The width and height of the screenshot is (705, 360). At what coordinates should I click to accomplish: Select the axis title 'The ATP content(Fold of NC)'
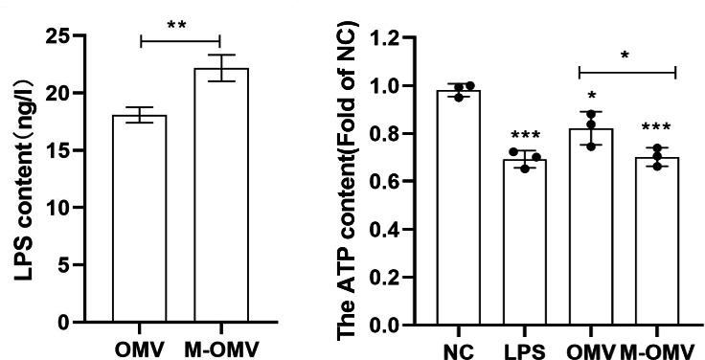pos(346,182)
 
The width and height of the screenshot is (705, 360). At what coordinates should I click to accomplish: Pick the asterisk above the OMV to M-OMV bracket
pos(625,56)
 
